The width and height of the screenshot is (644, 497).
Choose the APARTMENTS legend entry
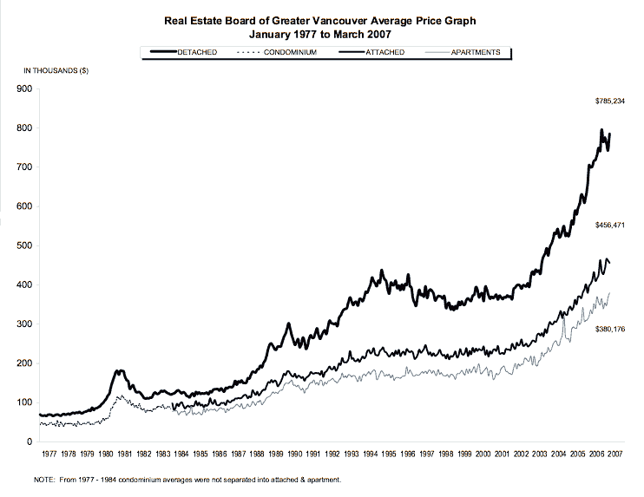(x=474, y=53)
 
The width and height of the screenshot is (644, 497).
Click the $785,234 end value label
(x=609, y=101)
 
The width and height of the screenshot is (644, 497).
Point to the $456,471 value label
(x=609, y=225)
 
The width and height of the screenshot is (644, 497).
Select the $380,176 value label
(x=609, y=330)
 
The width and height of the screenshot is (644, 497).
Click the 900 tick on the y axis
(x=25, y=88)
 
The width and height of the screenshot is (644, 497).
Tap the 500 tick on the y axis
(x=25, y=245)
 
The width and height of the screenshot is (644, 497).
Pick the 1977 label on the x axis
(x=49, y=454)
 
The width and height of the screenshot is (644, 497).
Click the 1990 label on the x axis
(x=295, y=454)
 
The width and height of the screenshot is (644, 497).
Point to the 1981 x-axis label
(x=125, y=454)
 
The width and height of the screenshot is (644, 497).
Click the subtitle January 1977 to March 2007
(x=323, y=35)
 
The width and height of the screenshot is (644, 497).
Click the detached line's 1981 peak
(x=120, y=370)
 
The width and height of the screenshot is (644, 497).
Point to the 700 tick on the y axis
(x=25, y=167)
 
